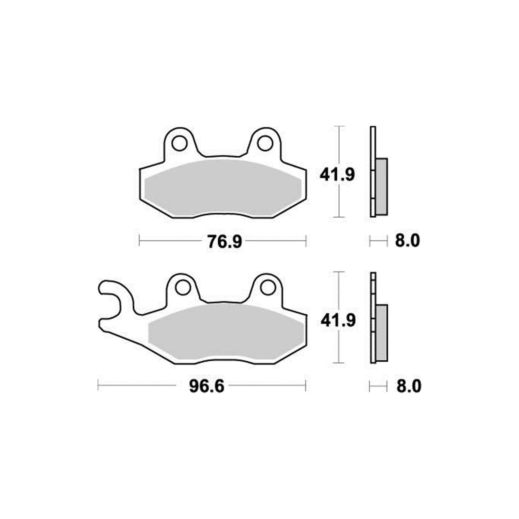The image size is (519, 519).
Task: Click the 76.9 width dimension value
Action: pyautogui.click(x=224, y=241)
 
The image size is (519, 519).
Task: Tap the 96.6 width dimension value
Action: pyautogui.click(x=207, y=386)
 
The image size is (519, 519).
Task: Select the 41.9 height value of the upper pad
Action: pyautogui.click(x=337, y=175)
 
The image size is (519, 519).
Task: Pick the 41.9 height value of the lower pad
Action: pyautogui.click(x=338, y=320)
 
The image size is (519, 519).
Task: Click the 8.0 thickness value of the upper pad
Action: pyautogui.click(x=407, y=241)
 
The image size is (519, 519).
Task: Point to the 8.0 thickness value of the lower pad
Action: pyautogui.click(x=409, y=386)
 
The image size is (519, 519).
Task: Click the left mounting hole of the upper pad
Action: pyautogui.click(x=179, y=143)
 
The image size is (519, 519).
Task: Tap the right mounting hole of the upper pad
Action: pyautogui.click(x=266, y=143)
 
